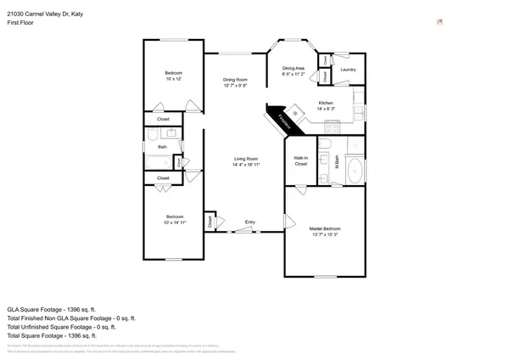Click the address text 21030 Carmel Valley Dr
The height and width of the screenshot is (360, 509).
click(45, 14)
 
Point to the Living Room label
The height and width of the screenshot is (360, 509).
click(246, 161)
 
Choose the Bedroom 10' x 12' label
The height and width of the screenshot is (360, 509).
click(173, 76)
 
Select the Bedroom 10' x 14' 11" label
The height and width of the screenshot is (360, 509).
click(174, 220)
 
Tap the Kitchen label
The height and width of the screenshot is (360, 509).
click(325, 106)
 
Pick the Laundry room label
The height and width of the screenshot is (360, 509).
click(347, 70)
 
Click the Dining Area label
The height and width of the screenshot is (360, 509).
click(294, 70)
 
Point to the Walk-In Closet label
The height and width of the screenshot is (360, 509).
click(300, 160)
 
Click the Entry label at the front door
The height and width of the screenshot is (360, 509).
click(250, 222)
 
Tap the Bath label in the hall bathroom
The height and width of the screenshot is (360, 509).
click(161, 147)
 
